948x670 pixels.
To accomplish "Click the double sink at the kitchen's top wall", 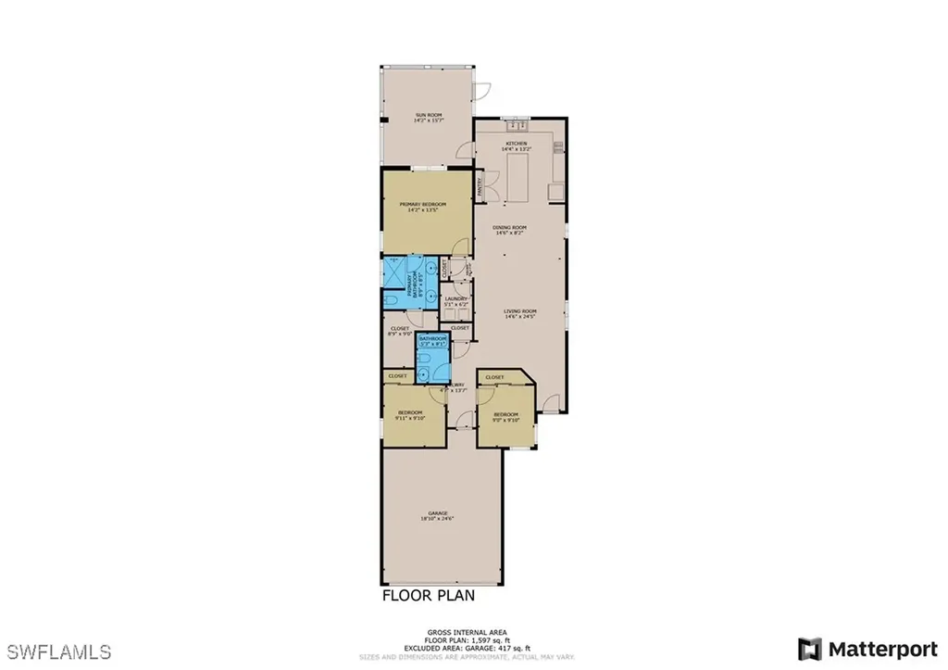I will point(516,124).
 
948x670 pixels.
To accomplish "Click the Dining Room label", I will point(509,231).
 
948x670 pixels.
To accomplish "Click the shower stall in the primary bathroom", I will point(393,272).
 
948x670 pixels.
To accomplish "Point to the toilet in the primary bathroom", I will point(391,300).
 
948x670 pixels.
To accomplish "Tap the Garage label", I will point(439,514).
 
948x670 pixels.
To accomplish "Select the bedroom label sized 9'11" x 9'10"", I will point(410,415).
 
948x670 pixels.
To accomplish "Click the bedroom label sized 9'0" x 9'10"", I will point(505,417).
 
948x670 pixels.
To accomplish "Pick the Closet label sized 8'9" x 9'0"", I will point(399,331).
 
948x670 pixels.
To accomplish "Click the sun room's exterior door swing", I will point(481,91).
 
